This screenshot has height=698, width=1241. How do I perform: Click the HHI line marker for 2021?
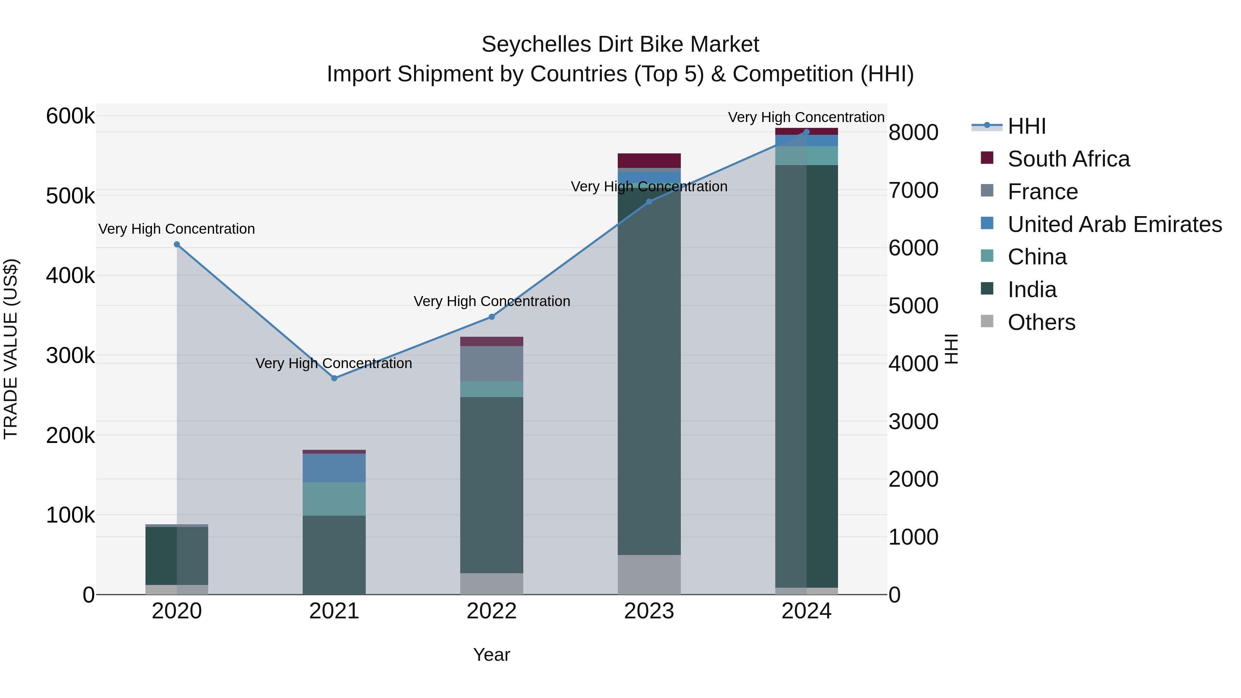click(334, 378)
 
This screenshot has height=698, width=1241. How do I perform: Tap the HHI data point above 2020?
click(177, 244)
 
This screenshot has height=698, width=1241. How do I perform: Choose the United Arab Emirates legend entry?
click(1114, 224)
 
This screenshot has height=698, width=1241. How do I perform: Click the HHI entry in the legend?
click(1026, 126)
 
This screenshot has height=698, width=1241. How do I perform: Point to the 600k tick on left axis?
click(70, 116)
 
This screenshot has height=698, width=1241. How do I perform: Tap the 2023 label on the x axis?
click(649, 611)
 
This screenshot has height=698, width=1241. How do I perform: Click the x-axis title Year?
click(491, 655)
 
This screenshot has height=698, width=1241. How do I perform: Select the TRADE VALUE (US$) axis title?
click(11, 349)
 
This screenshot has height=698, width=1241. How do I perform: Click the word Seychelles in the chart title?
click(536, 44)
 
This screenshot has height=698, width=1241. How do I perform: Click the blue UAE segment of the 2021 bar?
click(334, 468)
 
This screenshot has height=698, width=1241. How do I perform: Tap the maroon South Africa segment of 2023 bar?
click(649, 160)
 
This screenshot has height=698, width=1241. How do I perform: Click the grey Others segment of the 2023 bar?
click(649, 574)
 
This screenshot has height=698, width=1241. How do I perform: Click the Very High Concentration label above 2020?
click(177, 229)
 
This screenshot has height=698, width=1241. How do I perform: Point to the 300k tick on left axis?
click(70, 356)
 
